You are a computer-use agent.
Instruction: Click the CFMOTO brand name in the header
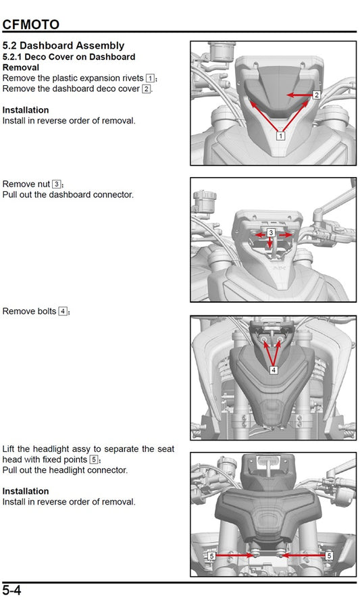(x=31, y=25)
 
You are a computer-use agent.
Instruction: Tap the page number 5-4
(x=12, y=590)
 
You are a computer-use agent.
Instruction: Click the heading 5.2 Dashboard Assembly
(x=63, y=45)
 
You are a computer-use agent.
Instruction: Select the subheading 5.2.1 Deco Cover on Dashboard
(x=69, y=57)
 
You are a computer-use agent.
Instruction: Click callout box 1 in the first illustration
(x=280, y=135)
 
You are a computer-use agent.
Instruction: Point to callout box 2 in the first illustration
(x=316, y=95)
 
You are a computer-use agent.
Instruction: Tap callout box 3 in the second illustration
(x=271, y=232)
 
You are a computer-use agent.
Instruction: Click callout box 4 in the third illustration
(x=274, y=370)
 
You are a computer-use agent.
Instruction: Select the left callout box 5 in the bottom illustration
(x=211, y=555)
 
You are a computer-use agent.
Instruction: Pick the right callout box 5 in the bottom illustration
(x=329, y=555)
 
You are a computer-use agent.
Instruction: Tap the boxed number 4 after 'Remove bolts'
(x=63, y=311)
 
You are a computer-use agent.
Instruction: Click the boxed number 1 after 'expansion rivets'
(x=150, y=78)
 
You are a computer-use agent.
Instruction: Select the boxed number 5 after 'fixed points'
(x=94, y=459)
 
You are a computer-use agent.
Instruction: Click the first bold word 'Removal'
(x=21, y=68)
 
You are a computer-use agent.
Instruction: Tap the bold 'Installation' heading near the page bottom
(x=26, y=491)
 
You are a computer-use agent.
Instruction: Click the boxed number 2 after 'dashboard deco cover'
(x=146, y=89)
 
